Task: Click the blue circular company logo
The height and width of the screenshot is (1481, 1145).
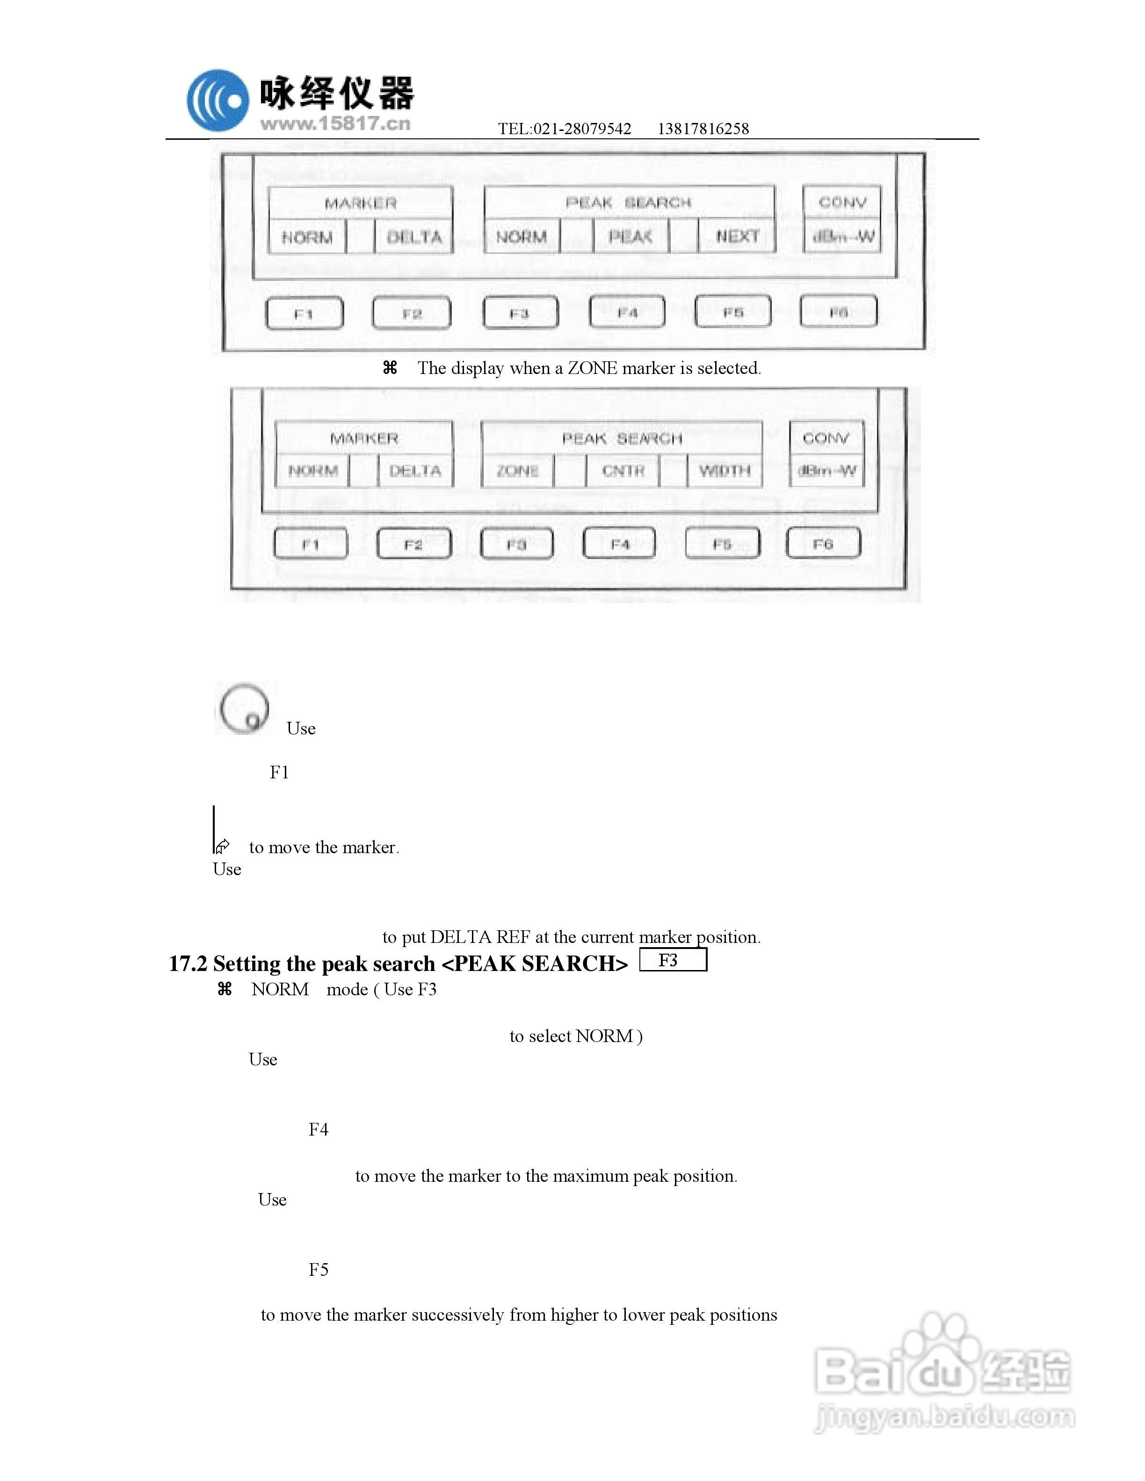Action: [x=218, y=101]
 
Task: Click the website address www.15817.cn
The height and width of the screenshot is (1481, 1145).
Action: [x=335, y=124]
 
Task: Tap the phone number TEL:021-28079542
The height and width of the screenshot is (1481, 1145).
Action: [x=565, y=129]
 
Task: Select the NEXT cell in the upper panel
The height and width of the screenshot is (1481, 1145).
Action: [x=737, y=237]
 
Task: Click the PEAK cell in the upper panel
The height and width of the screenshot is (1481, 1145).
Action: [x=630, y=237]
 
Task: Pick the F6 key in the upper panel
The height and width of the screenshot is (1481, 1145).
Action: [x=838, y=312]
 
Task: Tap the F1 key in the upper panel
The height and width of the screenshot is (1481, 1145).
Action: [x=304, y=314]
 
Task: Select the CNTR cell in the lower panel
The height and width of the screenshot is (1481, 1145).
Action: [x=623, y=471]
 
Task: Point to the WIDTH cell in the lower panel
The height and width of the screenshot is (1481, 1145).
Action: [x=725, y=471]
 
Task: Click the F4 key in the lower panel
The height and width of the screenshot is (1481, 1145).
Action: [x=619, y=544]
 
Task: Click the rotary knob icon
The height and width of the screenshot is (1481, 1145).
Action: [x=244, y=709]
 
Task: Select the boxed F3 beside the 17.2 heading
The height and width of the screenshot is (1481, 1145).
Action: [x=672, y=960]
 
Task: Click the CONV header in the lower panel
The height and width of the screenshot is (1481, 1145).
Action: [x=826, y=438]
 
